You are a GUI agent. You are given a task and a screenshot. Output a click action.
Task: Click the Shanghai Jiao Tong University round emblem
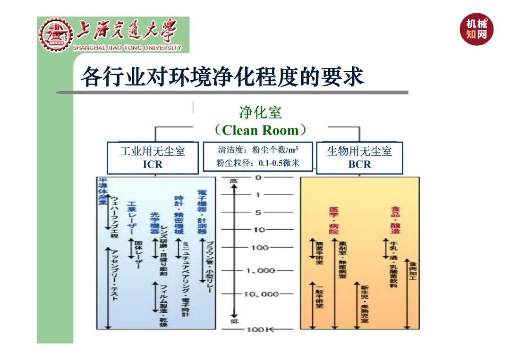[56, 35]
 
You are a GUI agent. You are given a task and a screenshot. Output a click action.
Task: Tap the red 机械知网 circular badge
[477, 29]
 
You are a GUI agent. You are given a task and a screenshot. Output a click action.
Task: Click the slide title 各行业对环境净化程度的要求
[222, 76]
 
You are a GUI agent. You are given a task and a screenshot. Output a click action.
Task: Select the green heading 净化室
[260, 112]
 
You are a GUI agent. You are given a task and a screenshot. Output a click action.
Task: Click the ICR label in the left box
[152, 164]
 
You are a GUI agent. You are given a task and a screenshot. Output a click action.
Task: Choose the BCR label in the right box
[359, 164]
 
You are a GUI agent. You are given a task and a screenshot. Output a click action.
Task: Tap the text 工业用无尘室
[152, 151]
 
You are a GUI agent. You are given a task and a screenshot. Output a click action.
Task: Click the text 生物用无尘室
[359, 151]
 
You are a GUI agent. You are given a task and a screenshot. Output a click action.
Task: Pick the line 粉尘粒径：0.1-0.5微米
[258, 163]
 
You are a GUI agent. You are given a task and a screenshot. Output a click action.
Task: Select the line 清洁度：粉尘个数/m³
[258, 150]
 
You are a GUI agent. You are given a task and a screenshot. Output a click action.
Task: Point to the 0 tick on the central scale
[258, 177]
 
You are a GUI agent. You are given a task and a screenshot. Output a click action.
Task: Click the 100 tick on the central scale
[258, 248]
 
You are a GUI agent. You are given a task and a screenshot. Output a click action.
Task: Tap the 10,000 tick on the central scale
[261, 294]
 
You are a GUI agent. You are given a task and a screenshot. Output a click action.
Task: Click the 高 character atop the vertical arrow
[233, 181]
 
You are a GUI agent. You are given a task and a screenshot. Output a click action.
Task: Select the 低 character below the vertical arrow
[233, 321]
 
